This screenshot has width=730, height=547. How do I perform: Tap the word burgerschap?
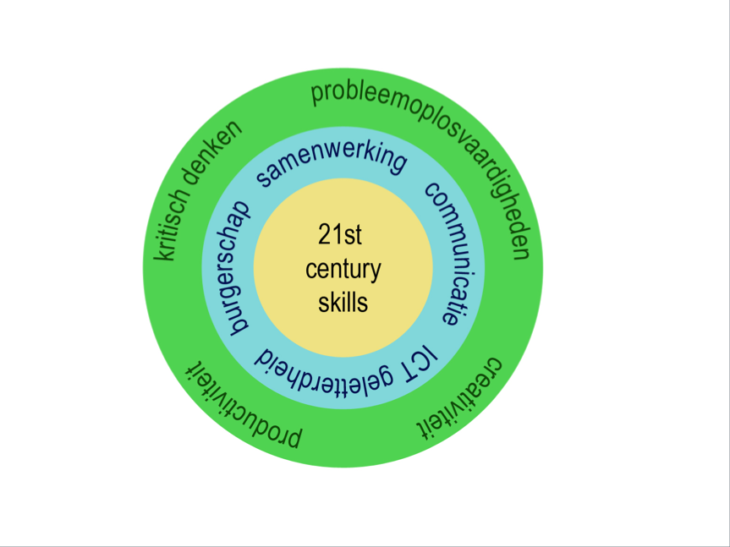pos(224,266)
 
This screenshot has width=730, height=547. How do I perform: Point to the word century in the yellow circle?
pos(343,270)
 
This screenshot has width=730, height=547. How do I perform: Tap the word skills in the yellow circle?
pos(343,302)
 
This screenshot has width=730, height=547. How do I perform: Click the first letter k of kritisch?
pos(166,252)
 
